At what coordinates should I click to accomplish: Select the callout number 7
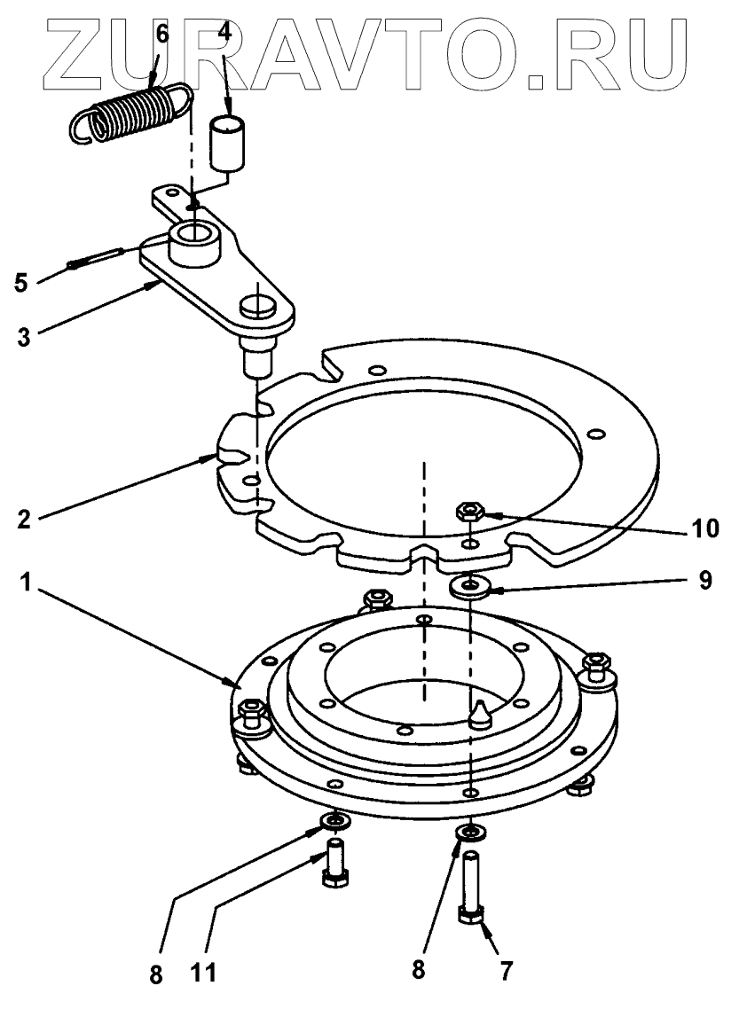(506, 970)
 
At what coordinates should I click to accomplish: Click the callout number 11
(206, 973)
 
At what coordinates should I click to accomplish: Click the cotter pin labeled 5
(92, 260)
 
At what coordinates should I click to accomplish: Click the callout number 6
(161, 33)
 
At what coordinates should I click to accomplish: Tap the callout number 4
(224, 33)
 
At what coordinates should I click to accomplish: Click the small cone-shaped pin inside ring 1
(479, 713)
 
